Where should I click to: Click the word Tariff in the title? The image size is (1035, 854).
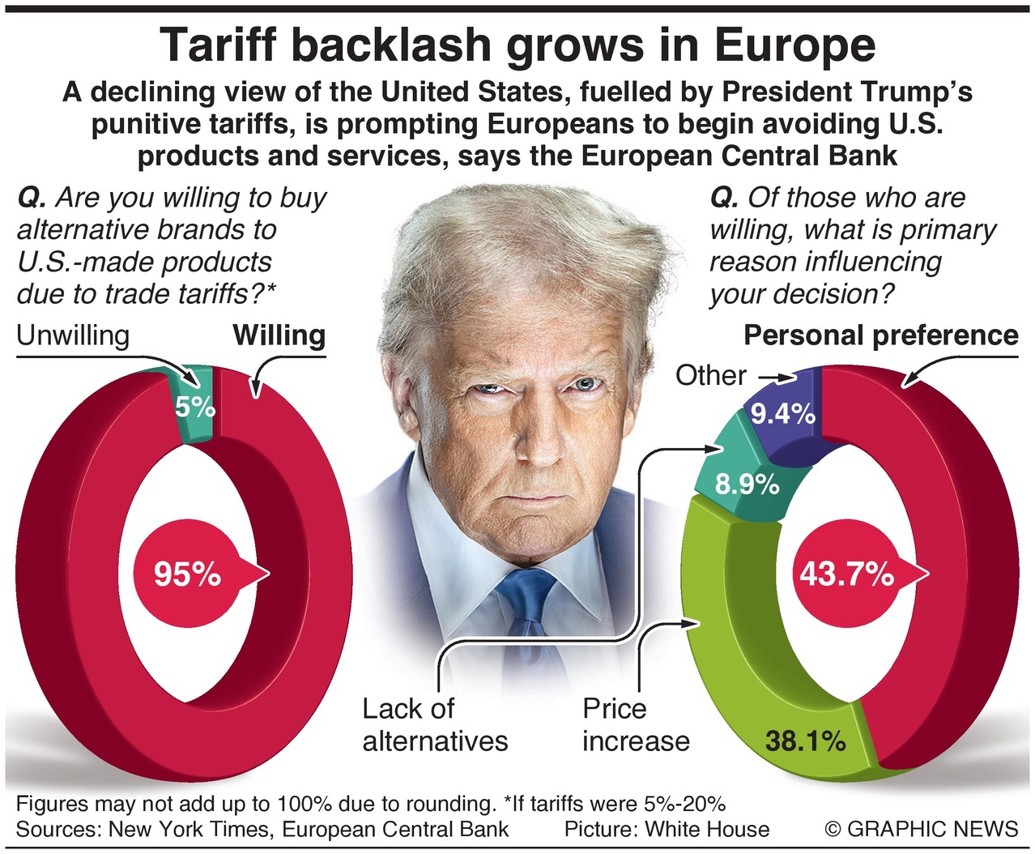217,45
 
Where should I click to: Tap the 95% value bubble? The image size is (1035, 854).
188,574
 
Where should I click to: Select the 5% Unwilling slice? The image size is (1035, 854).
195,405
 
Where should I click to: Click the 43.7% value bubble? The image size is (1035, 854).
846,574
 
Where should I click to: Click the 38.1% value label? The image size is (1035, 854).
805,741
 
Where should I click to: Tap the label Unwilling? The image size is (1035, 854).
73,335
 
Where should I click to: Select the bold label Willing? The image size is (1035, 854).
279,335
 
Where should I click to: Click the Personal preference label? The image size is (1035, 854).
881,335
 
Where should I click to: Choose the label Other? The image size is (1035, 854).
710,376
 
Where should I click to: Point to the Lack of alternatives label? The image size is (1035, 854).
435,725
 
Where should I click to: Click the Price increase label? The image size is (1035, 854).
636,725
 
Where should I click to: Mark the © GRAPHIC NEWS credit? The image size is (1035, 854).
921,829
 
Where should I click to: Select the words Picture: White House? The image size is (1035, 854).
667,829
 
